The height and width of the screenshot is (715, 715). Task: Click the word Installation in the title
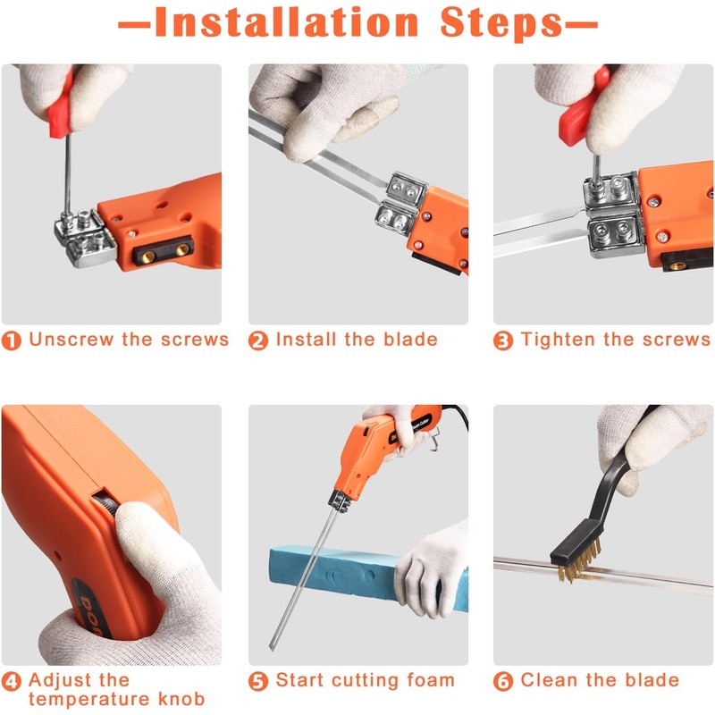point(286,22)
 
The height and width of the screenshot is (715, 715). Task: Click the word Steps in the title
point(502,24)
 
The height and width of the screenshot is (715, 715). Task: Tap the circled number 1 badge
point(12,341)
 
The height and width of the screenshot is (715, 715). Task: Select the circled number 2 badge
point(258,341)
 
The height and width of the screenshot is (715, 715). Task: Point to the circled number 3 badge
point(503,341)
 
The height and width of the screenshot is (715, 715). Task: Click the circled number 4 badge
point(12,682)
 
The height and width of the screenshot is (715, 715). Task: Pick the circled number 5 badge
point(258,682)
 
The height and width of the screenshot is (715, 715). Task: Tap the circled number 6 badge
point(503,682)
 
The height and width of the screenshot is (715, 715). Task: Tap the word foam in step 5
point(431,680)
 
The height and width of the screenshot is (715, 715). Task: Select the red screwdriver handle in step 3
point(584,108)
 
